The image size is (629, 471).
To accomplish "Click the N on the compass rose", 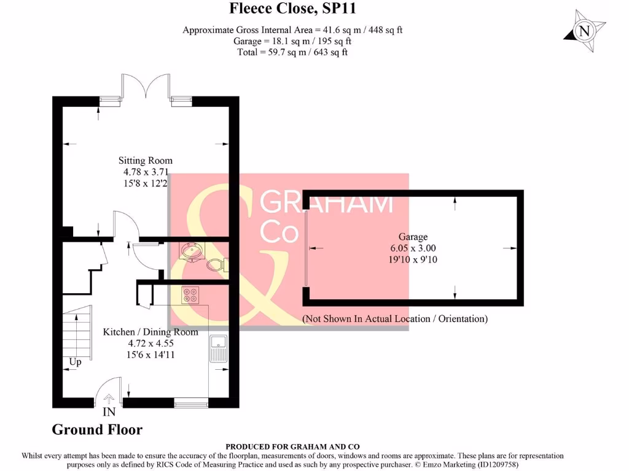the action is point(584,31).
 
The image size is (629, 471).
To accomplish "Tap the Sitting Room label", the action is point(145,161).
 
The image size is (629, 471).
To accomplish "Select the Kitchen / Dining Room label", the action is point(150,332).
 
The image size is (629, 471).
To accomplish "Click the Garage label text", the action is point(413,237).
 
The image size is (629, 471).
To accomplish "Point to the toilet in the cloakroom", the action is point(217,265).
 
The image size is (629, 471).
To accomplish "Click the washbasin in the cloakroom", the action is point(192,251).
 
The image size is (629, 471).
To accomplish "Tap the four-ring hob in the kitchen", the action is point(190,295).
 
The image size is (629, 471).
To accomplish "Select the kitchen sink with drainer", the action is point(219,348).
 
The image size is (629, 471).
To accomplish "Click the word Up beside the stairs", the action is point(75,362).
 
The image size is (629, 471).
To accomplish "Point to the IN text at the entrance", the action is point(109,412).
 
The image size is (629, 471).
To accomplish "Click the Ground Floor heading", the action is point(97,430).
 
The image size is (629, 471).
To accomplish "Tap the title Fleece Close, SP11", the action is point(292,9).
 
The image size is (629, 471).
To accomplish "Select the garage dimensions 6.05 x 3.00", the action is point(413,248).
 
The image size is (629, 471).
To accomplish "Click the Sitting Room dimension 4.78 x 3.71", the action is point(146,172).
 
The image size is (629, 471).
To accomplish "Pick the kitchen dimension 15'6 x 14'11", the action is point(150,355).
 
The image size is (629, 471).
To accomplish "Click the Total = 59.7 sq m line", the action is point(292,53).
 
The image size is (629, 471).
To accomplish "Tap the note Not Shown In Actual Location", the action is point(395,319).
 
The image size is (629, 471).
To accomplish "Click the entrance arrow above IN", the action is point(109,399).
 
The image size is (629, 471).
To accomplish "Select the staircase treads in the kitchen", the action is point(77,332).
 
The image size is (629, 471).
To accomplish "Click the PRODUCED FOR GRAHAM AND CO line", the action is point(292,446).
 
